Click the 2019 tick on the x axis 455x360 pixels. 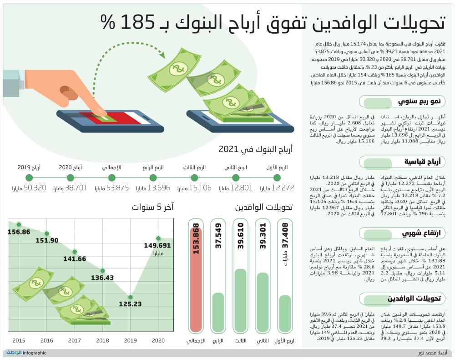130,340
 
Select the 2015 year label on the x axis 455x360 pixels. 19,340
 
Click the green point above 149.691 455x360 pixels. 158,238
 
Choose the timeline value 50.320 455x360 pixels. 35,188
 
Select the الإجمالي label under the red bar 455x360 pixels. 196,340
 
